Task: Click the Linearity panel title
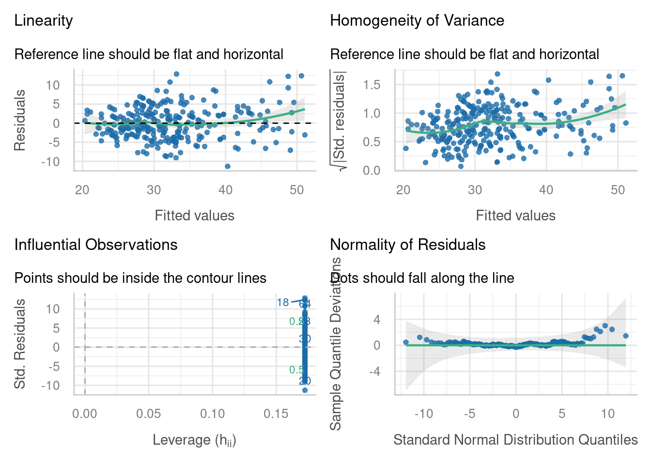[44, 20]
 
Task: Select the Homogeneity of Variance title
[417, 20]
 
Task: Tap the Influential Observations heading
[96, 245]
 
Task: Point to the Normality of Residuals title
[407, 245]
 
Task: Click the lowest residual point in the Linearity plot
[228, 166]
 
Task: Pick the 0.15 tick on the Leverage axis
[276, 414]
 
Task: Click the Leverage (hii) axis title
[194, 440]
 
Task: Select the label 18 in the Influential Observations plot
[283, 303]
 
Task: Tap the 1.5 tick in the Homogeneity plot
[372, 85]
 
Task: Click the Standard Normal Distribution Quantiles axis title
[515, 440]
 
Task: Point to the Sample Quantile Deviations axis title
[336, 343]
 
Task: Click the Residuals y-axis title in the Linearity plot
[20, 120]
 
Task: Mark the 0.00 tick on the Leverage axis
[85, 414]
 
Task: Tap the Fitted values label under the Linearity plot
[194, 216]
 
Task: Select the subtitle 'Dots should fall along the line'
[422, 278]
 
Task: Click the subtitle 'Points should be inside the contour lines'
[140, 278]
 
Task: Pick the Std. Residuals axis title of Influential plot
[20, 344]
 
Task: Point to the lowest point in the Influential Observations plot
[305, 390]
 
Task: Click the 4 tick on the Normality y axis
[377, 320]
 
